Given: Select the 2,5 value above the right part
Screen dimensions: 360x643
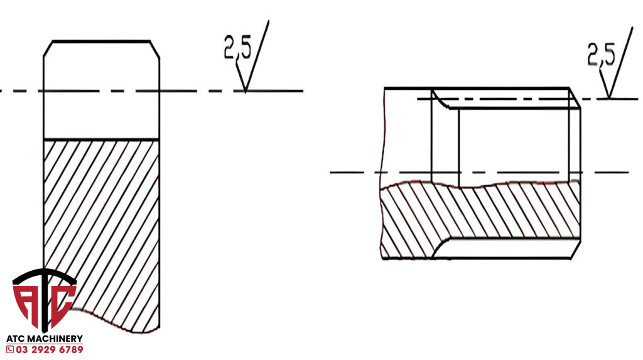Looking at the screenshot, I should [x=600, y=55].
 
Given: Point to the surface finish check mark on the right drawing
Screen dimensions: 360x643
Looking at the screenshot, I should [x=617, y=66].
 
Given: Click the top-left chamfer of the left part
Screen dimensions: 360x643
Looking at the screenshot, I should [x=48, y=48].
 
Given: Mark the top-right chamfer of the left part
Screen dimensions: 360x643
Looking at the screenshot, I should [x=154, y=48].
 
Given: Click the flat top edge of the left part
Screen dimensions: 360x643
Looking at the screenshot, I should [x=101, y=41].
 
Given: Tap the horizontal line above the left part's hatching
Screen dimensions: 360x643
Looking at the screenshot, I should [x=101, y=139].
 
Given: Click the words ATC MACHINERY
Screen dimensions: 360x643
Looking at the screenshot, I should [x=44, y=339].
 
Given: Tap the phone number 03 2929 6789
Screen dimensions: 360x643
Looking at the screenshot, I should [x=49, y=349].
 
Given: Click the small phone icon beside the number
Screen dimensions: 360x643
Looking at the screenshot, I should [x=9, y=349].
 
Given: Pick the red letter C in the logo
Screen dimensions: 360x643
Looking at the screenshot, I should [x=63, y=302].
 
